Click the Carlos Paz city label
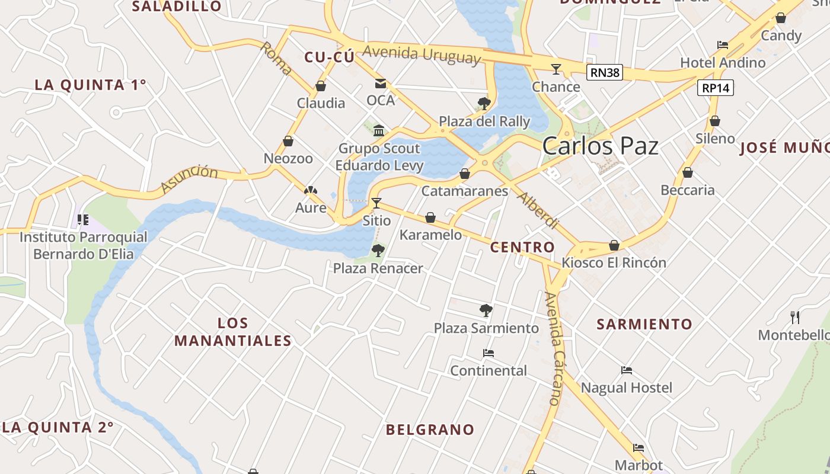pos(600,146)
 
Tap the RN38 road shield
pos(605,73)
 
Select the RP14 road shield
pos(716,88)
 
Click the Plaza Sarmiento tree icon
pos(486,310)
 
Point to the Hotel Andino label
pos(722,62)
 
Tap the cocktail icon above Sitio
pos(376,203)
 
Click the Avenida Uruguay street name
pos(421,54)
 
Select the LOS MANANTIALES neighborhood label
pos(233,332)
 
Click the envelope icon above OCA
pos(380,84)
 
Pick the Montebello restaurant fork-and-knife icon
pos(794,318)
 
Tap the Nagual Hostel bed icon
pos(627,370)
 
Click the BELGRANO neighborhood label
pos(430,430)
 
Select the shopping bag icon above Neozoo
pos(288,141)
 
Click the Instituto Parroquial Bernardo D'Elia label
pos(83,245)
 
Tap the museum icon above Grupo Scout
pos(379,130)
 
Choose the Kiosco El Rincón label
pos(614,262)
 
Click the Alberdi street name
pos(538,210)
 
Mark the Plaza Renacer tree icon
pos(378,251)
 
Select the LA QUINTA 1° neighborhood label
pos(90,85)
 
